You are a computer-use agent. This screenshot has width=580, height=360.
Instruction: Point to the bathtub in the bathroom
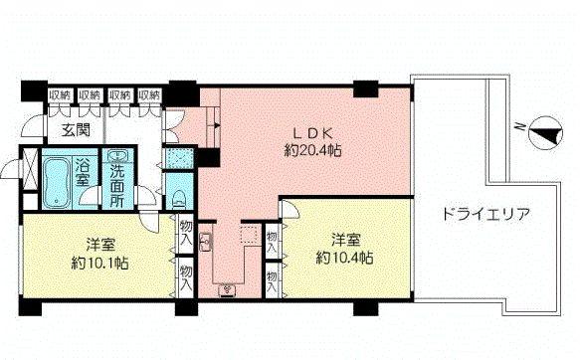(x=57, y=180)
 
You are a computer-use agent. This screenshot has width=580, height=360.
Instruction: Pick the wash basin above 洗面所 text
(x=119, y=156)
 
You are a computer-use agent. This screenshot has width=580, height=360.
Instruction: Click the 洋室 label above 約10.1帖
(x=97, y=243)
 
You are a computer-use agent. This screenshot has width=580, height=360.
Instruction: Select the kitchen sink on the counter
(x=207, y=242)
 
